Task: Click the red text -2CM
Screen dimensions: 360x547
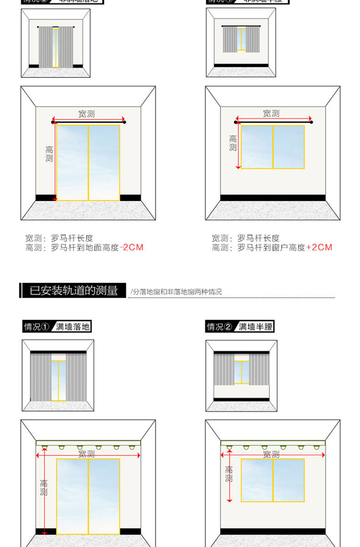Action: coord(131,248)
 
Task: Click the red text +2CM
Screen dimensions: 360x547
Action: coord(319,248)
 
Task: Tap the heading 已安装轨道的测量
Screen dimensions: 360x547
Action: coord(73,290)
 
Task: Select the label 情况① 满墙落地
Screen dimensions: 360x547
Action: coord(57,326)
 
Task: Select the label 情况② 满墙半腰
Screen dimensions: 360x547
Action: coord(240,326)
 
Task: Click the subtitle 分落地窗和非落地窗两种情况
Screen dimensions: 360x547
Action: coord(177,292)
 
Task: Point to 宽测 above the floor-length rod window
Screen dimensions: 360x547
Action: coord(87,114)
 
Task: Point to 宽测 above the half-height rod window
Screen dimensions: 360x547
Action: coord(271,114)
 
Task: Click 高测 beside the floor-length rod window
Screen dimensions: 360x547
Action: coord(49,154)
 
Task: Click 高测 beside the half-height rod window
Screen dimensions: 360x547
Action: coord(233,143)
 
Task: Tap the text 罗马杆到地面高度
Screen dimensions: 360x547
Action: coord(85,248)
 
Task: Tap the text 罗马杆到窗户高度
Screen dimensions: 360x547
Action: coord(271,248)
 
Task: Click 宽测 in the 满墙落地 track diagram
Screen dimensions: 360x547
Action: coord(87,454)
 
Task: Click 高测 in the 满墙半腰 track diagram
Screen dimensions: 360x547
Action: coord(229,474)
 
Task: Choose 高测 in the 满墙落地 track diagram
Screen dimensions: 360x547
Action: coord(44,488)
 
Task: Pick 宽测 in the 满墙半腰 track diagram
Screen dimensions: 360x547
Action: coord(271,454)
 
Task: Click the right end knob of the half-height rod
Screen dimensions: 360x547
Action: coord(312,122)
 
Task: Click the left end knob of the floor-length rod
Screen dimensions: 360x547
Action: coord(53,122)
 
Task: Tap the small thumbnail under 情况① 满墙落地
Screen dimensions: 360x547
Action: coord(58,376)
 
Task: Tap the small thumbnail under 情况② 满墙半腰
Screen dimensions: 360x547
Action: coord(241,376)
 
